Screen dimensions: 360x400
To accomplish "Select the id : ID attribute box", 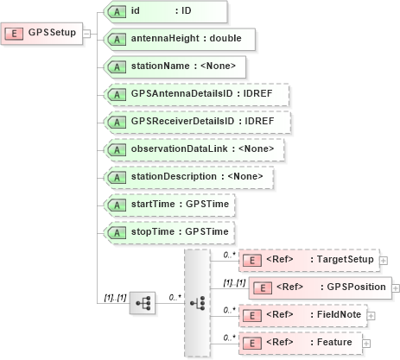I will tap(164, 11).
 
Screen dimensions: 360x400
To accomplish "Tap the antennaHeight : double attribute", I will tap(177, 39).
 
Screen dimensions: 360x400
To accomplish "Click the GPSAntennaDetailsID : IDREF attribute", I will tap(194, 94).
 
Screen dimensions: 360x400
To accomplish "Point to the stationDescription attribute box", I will tap(187, 177).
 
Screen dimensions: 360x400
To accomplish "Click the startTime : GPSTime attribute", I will tap(168, 205).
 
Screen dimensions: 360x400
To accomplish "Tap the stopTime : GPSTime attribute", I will tap(168, 232).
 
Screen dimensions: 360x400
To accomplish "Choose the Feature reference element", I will tap(298, 343).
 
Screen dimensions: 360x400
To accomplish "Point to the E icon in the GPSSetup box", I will tap(16, 34).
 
